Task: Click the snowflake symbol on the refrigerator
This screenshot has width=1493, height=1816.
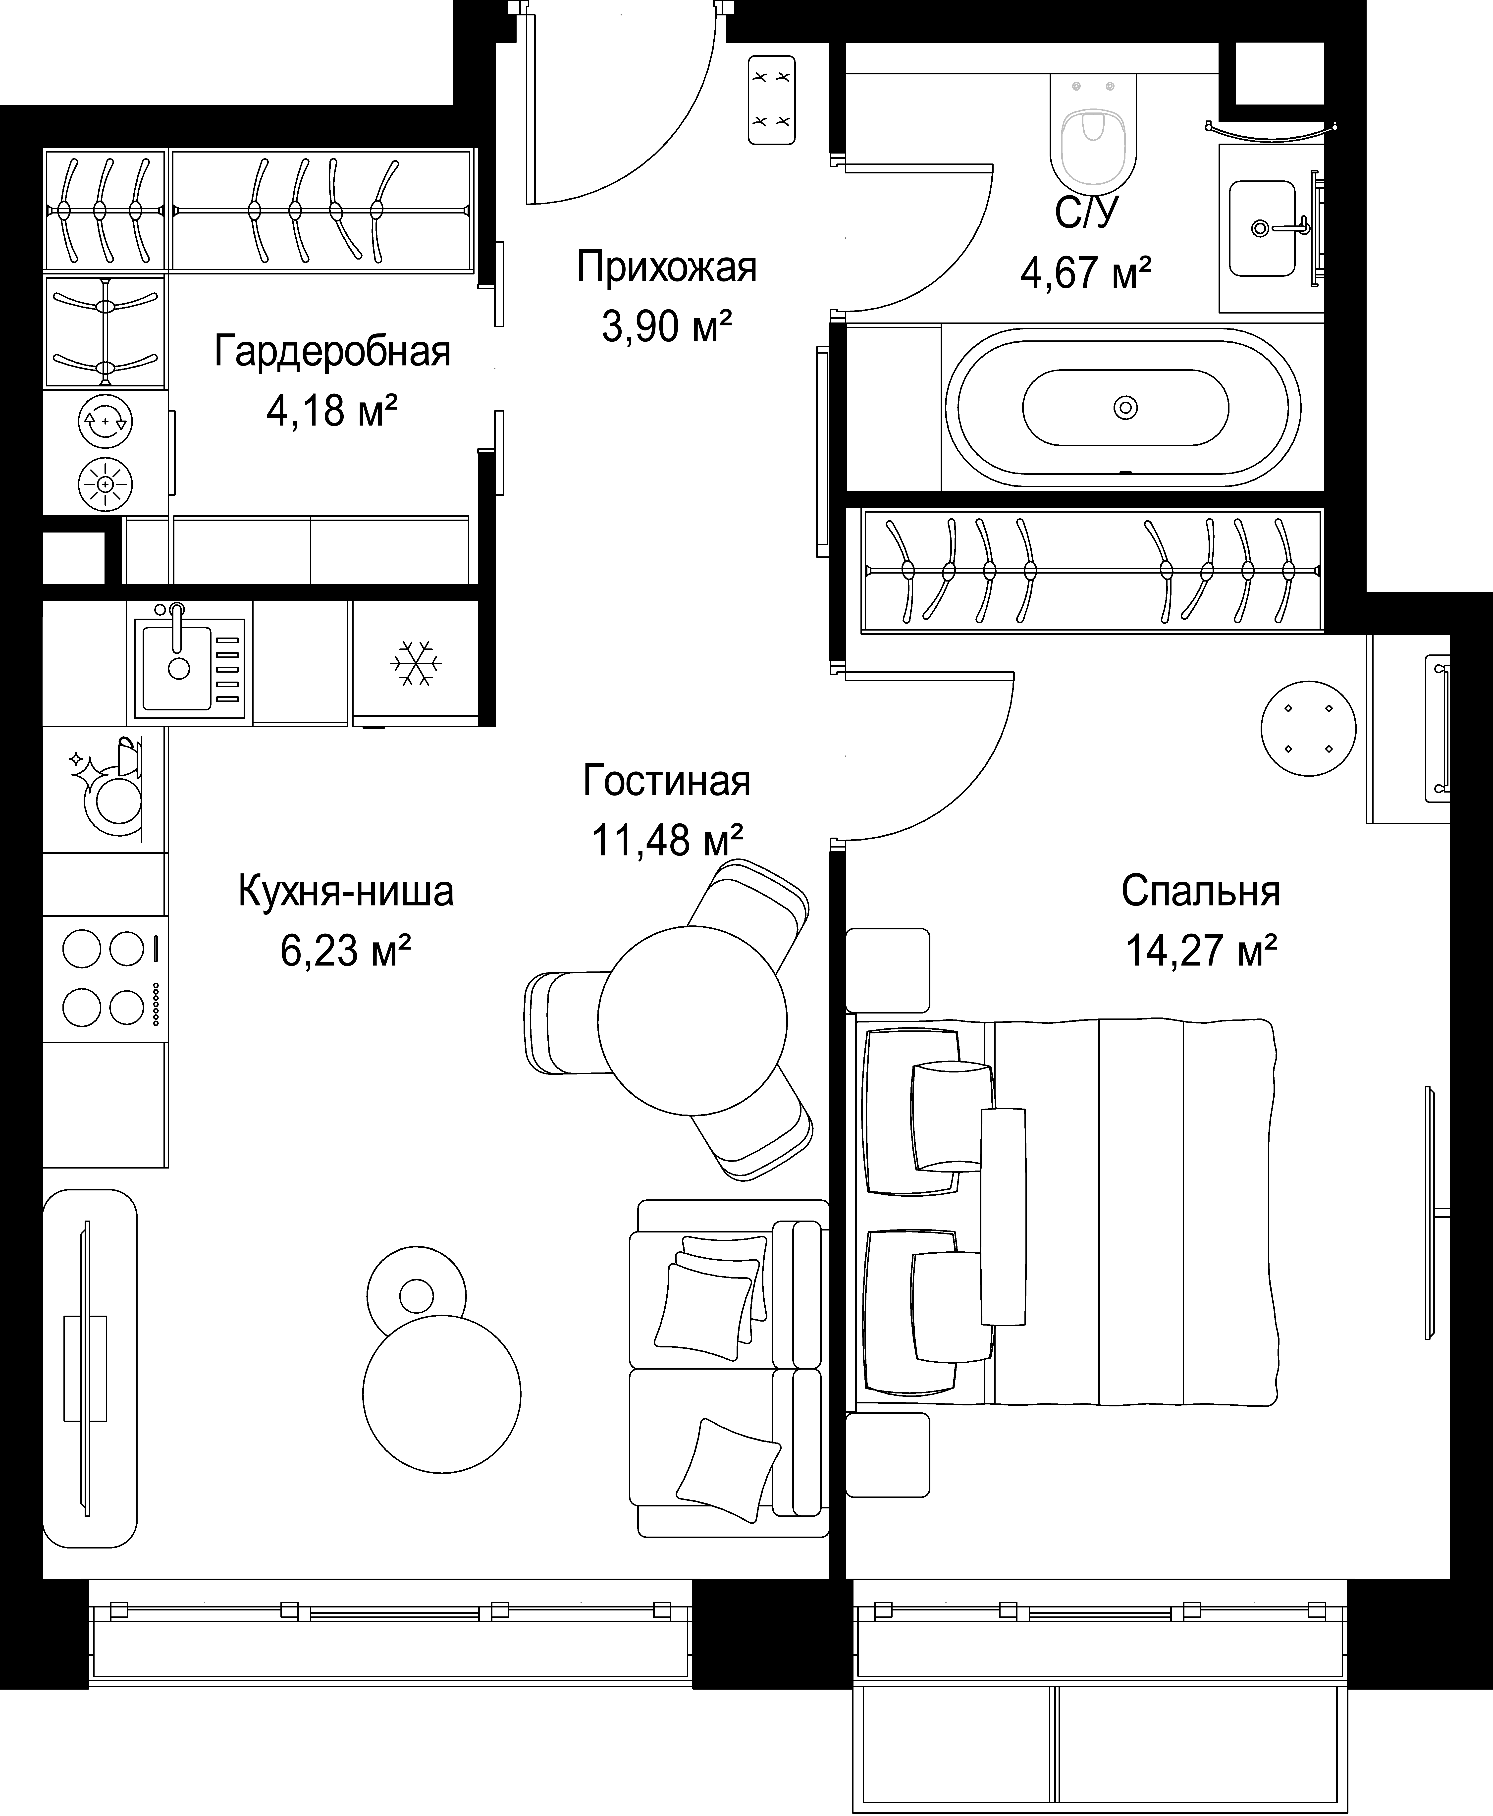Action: (416, 663)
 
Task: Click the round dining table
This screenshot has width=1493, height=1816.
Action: (692, 1021)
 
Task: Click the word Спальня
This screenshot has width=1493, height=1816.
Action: (1201, 892)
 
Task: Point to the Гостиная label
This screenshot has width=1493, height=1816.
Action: (667, 781)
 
